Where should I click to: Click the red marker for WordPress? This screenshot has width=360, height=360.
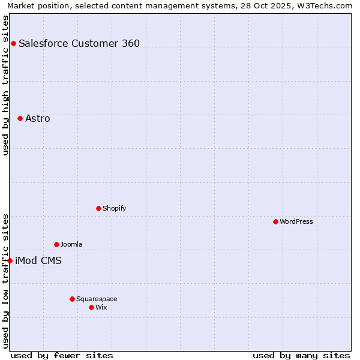click(x=275, y=221)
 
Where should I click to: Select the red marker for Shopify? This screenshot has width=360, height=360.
click(x=98, y=208)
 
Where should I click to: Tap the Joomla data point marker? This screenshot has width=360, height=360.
click(x=56, y=244)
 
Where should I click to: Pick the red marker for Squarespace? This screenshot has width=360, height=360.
click(x=72, y=299)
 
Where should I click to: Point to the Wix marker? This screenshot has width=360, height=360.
click(x=91, y=307)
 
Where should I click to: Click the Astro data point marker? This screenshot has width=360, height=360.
click(x=20, y=118)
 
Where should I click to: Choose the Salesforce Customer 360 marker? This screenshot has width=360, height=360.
click(x=13, y=43)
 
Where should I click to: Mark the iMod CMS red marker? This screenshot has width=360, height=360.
click(x=10, y=260)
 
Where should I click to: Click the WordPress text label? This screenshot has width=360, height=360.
click(x=296, y=221)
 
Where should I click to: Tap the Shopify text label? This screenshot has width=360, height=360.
click(x=115, y=208)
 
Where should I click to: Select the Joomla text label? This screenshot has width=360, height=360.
click(x=71, y=244)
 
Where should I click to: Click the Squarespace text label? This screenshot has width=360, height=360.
click(x=97, y=299)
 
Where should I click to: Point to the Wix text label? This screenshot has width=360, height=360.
click(x=101, y=307)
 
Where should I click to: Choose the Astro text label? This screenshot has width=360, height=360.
click(x=38, y=118)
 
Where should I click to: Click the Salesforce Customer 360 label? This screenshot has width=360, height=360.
click(x=79, y=43)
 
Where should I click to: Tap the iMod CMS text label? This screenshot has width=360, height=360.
click(x=38, y=260)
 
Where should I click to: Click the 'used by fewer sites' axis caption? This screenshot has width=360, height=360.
click(x=62, y=355)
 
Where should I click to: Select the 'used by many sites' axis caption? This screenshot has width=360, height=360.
click(x=301, y=355)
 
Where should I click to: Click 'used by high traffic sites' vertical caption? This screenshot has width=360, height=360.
click(x=5, y=85)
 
